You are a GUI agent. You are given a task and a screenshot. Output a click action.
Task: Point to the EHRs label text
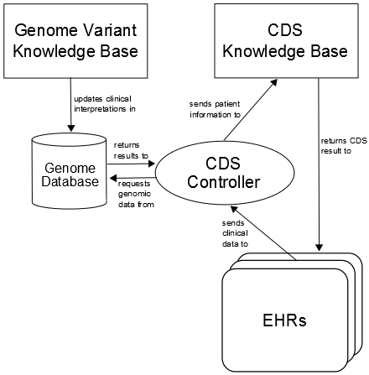[x=284, y=320]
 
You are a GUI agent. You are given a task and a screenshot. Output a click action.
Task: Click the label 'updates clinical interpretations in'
[x=105, y=104]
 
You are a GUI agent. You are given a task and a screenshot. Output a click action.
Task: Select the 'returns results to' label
[x=131, y=150]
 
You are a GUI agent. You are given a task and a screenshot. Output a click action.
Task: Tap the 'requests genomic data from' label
[x=136, y=194]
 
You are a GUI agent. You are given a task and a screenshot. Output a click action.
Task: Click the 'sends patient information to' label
[x=215, y=109]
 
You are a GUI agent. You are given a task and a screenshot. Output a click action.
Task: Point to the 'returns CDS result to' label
[x=344, y=146]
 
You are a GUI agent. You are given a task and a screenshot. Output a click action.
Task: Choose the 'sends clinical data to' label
[x=235, y=233]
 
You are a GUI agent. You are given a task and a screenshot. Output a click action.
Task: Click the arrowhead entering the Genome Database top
[x=71, y=128]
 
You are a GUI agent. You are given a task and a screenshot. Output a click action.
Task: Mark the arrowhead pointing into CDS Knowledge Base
[x=273, y=82]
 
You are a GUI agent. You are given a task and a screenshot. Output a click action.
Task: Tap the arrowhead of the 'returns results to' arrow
[x=151, y=164]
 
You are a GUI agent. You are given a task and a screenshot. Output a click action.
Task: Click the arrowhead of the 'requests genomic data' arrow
[x=113, y=178]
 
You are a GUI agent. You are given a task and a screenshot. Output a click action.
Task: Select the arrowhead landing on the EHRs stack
[x=320, y=247]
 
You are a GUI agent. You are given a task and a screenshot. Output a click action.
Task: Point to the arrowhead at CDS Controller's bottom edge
[x=234, y=209]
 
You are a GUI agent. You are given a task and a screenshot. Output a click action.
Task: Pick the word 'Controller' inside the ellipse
[x=224, y=182]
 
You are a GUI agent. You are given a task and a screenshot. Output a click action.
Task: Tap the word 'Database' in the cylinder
[x=70, y=181]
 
